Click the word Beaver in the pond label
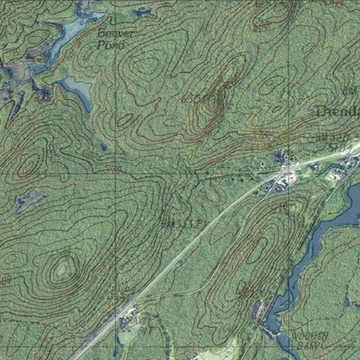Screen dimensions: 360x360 pyautogui.click(x=115, y=33)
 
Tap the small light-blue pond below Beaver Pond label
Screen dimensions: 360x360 pyautogui.click(x=76, y=89)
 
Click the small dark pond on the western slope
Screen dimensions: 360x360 pyautogui.click(x=29, y=200)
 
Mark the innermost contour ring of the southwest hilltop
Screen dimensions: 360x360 pyautogui.click(x=61, y=269)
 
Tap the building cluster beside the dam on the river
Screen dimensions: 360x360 pyautogui.click(x=262, y=312)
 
